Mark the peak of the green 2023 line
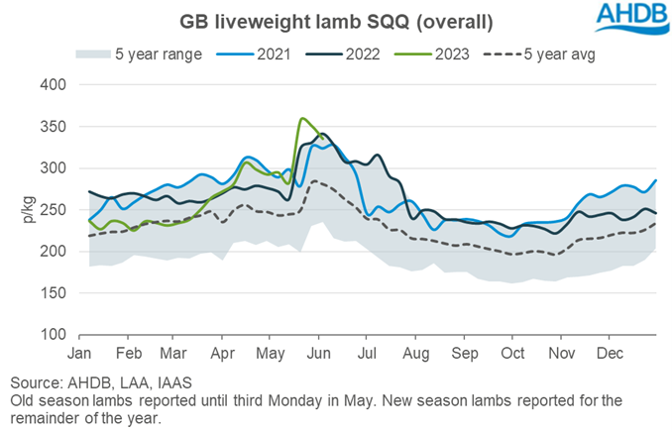[301, 119]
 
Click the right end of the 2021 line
[656, 180]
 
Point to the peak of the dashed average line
[314, 181]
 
